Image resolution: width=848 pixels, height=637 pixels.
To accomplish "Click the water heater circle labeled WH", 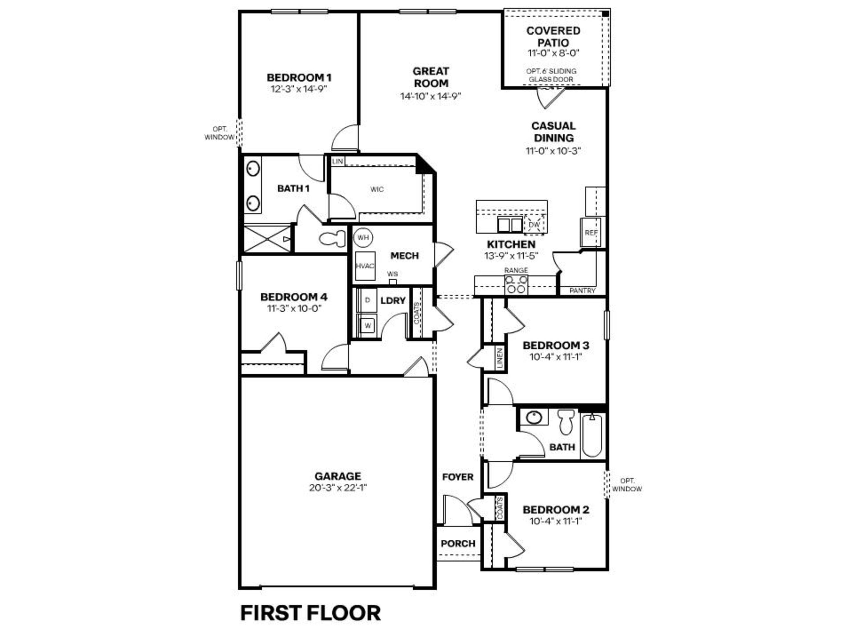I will pyautogui.click(x=363, y=237).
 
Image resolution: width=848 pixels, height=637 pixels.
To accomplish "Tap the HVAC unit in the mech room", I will pyautogui.click(x=365, y=266).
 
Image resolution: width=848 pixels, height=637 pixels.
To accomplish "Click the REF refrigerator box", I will pyautogui.click(x=591, y=233).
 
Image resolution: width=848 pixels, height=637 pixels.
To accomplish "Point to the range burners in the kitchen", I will pyautogui.click(x=516, y=285).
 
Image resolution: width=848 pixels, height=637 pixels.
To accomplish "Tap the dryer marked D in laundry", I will pyautogui.click(x=367, y=300).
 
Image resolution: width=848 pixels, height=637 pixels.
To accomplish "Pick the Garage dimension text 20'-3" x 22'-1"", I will pyautogui.click(x=338, y=488).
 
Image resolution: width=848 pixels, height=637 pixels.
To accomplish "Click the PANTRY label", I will pyautogui.click(x=582, y=291).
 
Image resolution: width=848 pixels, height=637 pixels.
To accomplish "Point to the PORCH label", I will pyautogui.click(x=458, y=544).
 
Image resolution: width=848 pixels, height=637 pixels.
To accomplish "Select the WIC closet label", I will pyautogui.click(x=377, y=189).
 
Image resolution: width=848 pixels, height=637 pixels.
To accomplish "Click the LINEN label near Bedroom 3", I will pyautogui.click(x=500, y=358).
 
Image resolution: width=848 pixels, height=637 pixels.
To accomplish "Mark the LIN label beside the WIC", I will pyautogui.click(x=337, y=161).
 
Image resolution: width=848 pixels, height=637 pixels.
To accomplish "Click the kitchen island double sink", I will pyautogui.click(x=510, y=224).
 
